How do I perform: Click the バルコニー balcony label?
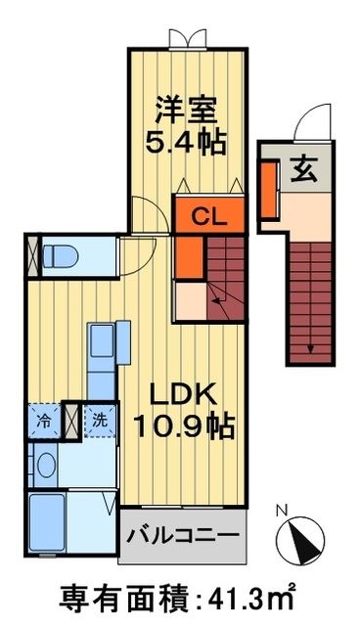pyautogui.click(x=182, y=538)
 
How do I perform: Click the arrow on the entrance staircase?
pyautogui.click(x=311, y=347)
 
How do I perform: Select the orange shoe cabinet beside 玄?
pyautogui.click(x=267, y=186)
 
